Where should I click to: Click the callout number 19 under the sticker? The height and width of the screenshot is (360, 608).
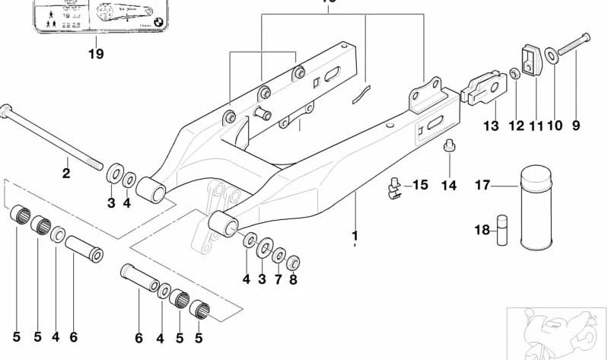click(x=95, y=53)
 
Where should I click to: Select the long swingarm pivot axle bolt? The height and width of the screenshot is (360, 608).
click(x=53, y=137)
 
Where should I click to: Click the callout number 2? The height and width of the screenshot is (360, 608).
click(x=66, y=174)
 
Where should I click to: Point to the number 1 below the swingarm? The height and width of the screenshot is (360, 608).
click(x=355, y=235)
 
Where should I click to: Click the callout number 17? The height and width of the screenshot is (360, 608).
click(x=482, y=185)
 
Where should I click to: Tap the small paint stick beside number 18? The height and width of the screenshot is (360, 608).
click(x=501, y=230)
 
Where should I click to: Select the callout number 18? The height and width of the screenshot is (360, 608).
click(x=481, y=231)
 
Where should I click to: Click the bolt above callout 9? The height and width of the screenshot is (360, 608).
click(x=571, y=46)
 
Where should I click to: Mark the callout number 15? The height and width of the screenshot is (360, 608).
click(x=421, y=185)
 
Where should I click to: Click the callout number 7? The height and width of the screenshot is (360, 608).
click(x=279, y=280)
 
